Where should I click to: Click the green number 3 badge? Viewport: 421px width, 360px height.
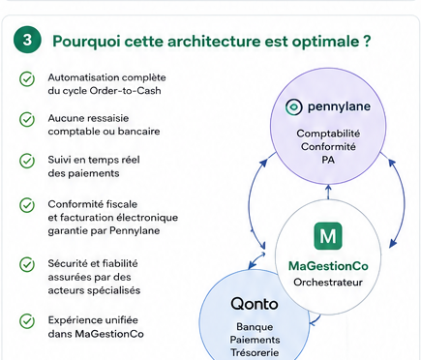(x=27, y=40)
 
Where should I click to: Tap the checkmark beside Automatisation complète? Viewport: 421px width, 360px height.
(x=27, y=79)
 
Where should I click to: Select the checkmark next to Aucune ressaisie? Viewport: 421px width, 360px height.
(x=27, y=120)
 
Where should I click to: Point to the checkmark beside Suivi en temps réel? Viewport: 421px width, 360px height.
(x=27, y=161)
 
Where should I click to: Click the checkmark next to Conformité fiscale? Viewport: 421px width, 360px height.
(x=27, y=205)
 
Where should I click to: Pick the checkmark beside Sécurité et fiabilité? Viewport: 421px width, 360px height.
(x=27, y=264)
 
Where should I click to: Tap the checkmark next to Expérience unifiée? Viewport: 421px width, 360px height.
(x=27, y=321)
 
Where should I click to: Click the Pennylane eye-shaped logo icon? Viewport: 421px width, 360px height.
(x=293, y=107)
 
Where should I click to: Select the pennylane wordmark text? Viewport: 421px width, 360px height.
(x=339, y=106)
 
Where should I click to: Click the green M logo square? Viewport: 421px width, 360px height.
(x=328, y=236)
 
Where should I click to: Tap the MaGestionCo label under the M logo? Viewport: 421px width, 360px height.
(x=328, y=266)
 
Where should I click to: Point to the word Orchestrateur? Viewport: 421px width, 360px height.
(x=328, y=283)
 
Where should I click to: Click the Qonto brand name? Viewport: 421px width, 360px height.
(x=255, y=304)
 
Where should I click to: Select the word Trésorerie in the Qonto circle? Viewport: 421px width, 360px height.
(x=255, y=352)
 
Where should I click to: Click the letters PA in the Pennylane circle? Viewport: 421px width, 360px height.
(x=328, y=160)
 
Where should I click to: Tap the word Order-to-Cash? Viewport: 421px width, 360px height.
(x=125, y=91)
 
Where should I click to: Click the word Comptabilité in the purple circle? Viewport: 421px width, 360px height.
(x=328, y=134)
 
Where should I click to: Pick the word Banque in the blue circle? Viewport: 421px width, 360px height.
(x=255, y=327)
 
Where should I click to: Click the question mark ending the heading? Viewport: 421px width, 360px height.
(x=366, y=41)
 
